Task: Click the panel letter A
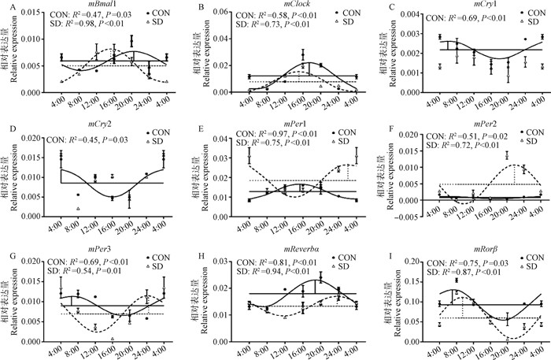click(5, 6)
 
